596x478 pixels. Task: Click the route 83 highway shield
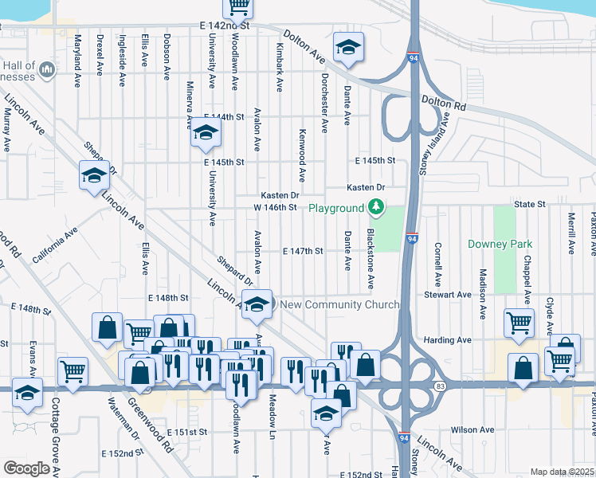[441, 386]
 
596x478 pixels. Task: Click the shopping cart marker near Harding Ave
[519, 323]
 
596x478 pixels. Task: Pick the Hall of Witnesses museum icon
[46, 70]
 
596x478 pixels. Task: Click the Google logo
[25, 468]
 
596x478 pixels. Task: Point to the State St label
[529, 204]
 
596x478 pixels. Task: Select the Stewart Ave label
[448, 294]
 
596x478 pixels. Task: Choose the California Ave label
[53, 246]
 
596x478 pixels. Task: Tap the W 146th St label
[275, 207]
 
